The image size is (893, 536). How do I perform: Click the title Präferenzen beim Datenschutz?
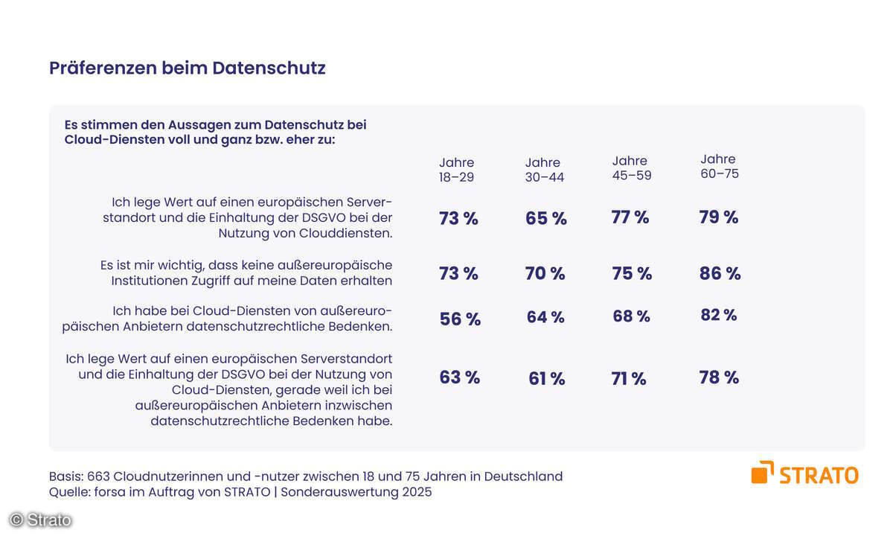[x=187, y=68]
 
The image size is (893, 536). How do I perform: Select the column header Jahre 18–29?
[x=456, y=170]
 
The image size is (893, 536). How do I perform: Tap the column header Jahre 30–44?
[x=545, y=170]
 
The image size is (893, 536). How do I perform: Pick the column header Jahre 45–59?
[x=630, y=167]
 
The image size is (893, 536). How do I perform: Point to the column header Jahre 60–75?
[x=719, y=166]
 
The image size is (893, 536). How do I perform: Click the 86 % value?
[x=720, y=273]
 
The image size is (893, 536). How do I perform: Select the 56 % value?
[x=460, y=319]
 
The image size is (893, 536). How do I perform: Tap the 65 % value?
[x=545, y=218]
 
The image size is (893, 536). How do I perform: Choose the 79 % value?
[x=718, y=217]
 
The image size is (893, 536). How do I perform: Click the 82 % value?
[x=718, y=315]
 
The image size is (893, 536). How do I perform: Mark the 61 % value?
[x=546, y=379]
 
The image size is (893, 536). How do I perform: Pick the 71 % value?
[x=628, y=379]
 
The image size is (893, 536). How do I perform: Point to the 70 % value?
[x=545, y=273]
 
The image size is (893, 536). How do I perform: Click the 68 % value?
[x=631, y=316]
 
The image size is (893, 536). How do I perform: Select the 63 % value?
[x=459, y=377]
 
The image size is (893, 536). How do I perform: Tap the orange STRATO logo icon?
[x=762, y=473]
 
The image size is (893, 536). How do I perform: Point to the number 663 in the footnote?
[x=99, y=476]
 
